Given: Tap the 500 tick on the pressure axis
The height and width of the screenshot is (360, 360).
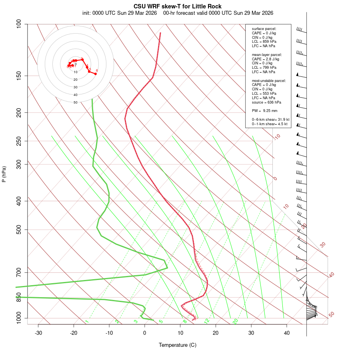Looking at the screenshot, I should coord(19,230).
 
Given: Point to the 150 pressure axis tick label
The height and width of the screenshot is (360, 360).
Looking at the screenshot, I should coord(19,76).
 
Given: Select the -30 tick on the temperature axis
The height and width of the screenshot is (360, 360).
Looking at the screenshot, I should coord(38,333).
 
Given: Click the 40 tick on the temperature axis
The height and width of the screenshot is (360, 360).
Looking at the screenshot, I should coord(286,333).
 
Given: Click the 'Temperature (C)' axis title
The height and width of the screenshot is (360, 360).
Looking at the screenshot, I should coord(177,345).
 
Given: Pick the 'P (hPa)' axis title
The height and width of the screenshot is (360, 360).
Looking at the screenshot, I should coord(4,174).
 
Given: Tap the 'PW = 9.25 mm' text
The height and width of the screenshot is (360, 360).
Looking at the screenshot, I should coord(264,110).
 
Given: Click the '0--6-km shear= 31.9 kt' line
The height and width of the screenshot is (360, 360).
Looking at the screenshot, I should coord(270,120).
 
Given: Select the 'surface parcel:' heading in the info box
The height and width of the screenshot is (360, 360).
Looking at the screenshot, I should coord(264,29).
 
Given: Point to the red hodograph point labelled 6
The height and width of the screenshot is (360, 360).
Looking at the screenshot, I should coord(95,74).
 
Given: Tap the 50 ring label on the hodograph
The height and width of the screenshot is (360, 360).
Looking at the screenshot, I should coord(75,102).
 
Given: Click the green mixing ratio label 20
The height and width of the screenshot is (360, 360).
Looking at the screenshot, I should coord(235,321).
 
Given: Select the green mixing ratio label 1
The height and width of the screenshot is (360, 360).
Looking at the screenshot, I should coord(86,322).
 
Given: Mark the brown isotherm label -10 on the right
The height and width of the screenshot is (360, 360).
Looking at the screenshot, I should coord(277,137).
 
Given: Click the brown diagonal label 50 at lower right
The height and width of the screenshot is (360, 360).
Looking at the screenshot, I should coord(331,315).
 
